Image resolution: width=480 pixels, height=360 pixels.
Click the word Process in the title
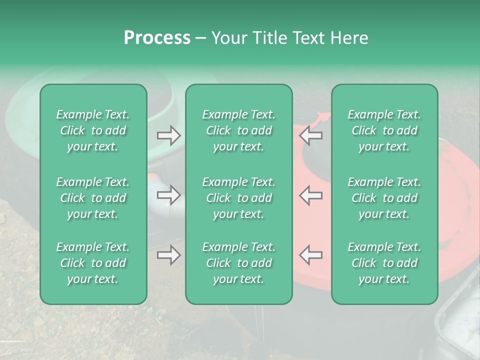(x=157, y=38)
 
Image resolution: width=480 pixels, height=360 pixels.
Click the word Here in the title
(x=349, y=38)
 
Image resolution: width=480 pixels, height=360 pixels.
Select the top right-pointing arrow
(x=169, y=135)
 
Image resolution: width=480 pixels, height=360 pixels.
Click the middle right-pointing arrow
(x=169, y=195)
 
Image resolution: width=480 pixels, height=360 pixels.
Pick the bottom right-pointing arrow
(x=169, y=255)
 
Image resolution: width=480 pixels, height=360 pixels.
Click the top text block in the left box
(x=93, y=130)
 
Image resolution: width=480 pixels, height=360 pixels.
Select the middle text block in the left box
(x=93, y=198)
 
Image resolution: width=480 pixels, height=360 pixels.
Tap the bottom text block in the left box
(x=93, y=263)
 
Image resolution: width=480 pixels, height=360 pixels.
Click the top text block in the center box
(x=238, y=130)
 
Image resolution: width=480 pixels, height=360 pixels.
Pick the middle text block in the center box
(x=238, y=198)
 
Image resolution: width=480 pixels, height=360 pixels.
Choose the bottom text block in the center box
(x=238, y=263)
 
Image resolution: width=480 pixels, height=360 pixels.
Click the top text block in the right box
(x=384, y=130)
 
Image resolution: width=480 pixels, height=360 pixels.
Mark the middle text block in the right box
(x=384, y=198)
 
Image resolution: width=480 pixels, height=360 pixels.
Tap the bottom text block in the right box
(x=384, y=263)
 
